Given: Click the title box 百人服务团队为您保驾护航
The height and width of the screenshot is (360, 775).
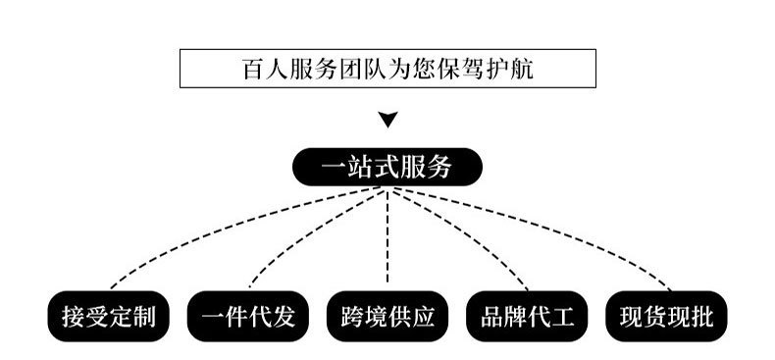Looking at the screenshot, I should click(x=387, y=68).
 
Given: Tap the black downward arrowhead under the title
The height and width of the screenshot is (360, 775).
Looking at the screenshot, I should click(x=387, y=120).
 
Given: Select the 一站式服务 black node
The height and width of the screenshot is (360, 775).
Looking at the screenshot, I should click(x=387, y=167).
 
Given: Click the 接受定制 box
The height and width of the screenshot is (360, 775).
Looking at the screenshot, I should click(x=108, y=317).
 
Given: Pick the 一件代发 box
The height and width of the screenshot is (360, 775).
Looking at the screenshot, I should click(x=247, y=317).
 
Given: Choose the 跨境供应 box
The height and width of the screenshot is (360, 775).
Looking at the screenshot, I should click(x=387, y=317).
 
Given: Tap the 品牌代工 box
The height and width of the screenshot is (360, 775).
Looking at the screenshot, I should click(x=527, y=317).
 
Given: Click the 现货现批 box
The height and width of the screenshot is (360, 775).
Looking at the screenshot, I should click(x=667, y=317).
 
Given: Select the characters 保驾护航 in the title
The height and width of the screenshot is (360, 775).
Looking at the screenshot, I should click(x=487, y=69).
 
